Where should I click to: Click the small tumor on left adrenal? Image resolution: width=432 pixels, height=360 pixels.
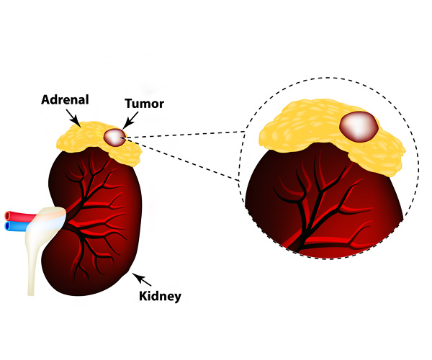(x=114, y=136)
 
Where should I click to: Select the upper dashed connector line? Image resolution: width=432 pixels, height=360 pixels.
(x=187, y=133)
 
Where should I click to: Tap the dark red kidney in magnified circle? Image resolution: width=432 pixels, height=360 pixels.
(x=288, y=209)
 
